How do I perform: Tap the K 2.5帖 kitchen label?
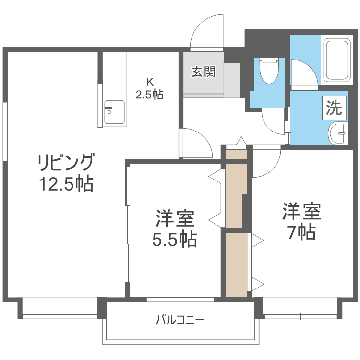[149, 88]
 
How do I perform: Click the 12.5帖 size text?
[66, 184]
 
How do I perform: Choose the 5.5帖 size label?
[175, 239]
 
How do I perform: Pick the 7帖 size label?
[301, 232]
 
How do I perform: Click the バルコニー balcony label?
[180, 319]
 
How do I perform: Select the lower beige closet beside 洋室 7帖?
[235, 264]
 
